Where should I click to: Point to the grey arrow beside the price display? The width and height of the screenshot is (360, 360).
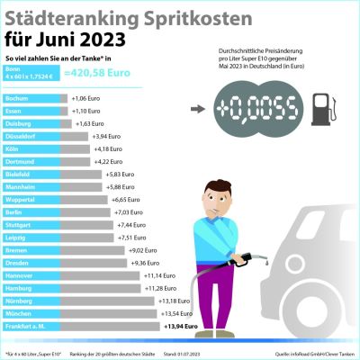196,109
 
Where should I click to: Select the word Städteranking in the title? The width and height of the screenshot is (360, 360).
72,17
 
